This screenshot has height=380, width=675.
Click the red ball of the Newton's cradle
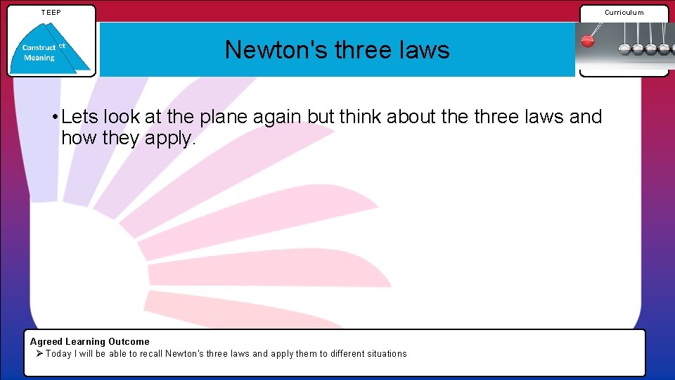point(588,41)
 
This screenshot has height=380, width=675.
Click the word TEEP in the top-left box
point(51,13)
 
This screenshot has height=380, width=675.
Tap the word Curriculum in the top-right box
point(624,13)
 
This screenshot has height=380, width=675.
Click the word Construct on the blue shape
point(39,48)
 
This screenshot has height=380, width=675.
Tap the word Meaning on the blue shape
point(39,58)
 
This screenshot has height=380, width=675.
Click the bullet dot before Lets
point(54,117)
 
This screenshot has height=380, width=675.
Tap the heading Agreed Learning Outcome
point(89,342)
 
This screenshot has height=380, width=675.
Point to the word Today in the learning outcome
point(59,354)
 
